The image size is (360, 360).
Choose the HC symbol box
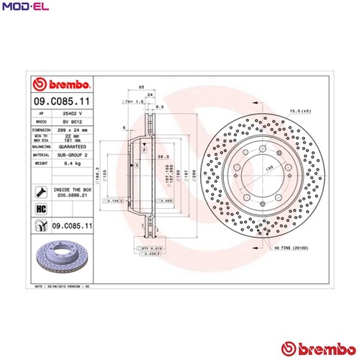pyautogui.click(x=41, y=209)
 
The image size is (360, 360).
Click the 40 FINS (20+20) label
pyautogui.click(x=289, y=248)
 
